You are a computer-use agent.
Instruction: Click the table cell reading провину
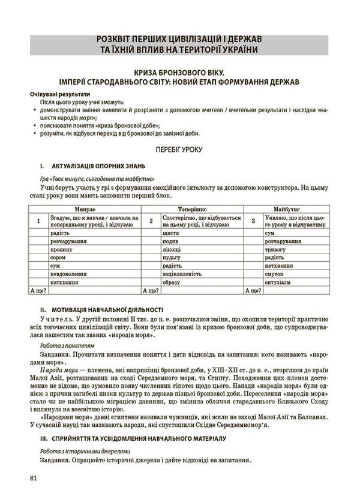coord(60,248)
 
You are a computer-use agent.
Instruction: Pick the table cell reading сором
coord(57,256)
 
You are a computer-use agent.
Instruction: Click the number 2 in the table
coord(151,221)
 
